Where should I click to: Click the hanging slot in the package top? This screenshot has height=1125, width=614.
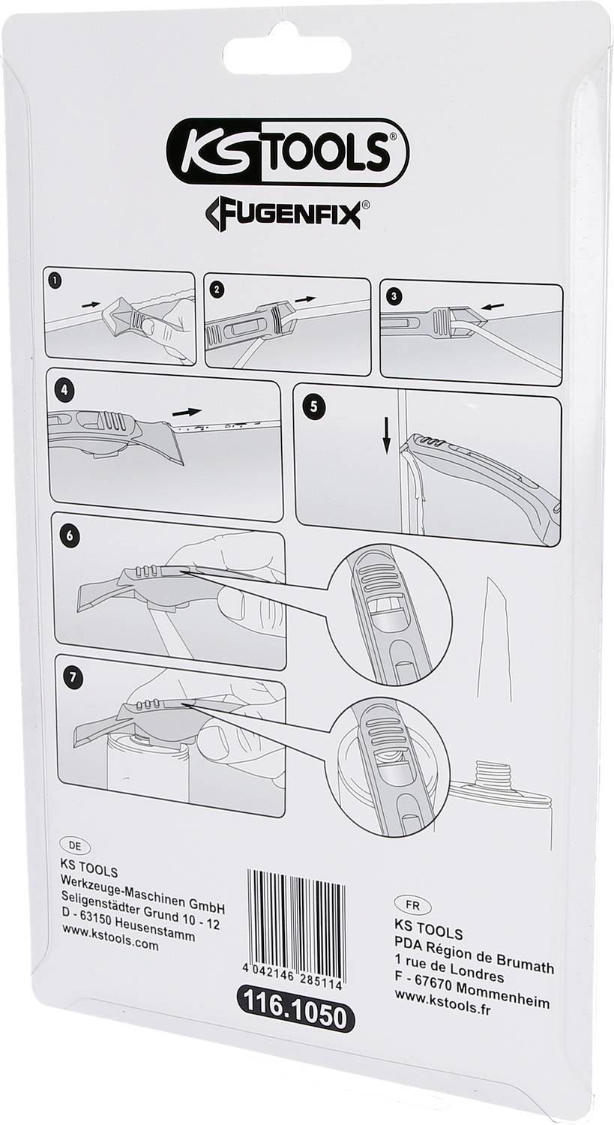point(287,54)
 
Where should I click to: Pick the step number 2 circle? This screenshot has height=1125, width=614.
point(217,287)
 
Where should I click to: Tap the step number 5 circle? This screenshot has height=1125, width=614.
point(313,406)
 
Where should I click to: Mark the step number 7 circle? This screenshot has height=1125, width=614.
point(71,676)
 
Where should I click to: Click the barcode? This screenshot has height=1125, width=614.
point(296,916)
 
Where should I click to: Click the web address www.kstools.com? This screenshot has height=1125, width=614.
point(109,946)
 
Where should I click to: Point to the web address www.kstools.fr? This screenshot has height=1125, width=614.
point(442,1007)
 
